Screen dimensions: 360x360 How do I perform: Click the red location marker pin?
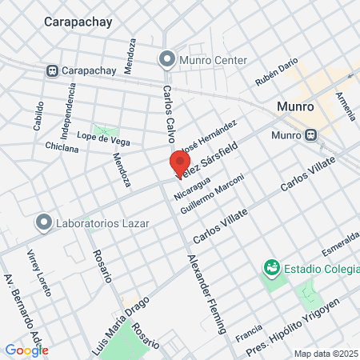click(x=178, y=163)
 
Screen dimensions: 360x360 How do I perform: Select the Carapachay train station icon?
click(x=53, y=70)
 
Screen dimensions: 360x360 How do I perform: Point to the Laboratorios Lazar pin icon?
click(x=42, y=222)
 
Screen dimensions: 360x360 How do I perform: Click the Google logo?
click(x=26, y=350)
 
